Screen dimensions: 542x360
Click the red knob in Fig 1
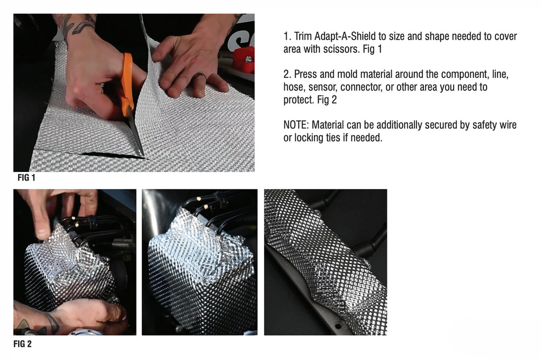point(244,60)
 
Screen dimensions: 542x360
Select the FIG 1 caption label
point(26,178)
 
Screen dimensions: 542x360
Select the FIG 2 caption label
point(22,344)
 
